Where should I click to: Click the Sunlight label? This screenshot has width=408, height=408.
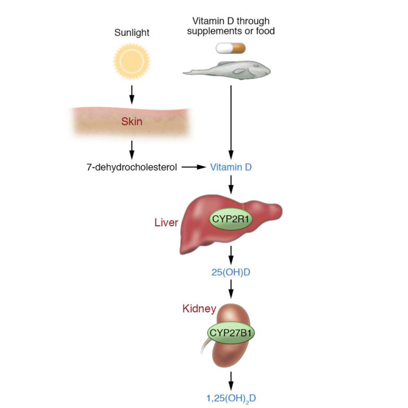pos(132,33)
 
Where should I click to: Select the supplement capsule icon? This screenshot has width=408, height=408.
pos(231,48)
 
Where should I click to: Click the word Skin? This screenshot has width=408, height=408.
pos(132,122)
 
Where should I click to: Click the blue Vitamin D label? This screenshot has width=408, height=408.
pos(231,167)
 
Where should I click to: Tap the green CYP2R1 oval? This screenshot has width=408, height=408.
pos(231,219)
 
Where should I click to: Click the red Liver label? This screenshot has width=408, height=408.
pos(166,222)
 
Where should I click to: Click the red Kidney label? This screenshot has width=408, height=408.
pos(199,308)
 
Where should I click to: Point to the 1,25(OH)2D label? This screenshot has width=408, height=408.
pos(231,396)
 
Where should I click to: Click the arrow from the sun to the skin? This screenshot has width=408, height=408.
pos(132,93)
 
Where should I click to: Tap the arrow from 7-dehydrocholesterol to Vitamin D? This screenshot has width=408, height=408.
pos(193,167)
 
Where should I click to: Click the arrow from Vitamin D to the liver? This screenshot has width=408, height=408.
pos(231,186)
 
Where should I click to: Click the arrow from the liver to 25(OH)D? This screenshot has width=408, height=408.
pos(231,258)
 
